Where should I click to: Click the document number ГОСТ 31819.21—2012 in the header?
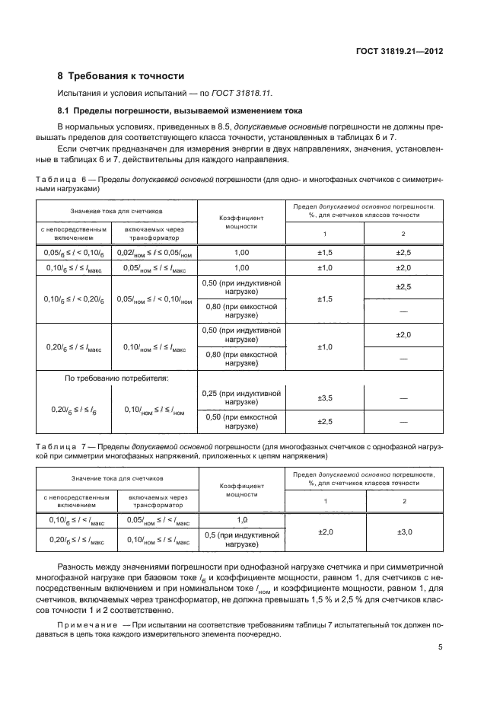click(x=400, y=53)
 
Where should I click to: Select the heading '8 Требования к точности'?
click(x=121, y=76)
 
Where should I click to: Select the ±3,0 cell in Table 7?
click(x=403, y=532)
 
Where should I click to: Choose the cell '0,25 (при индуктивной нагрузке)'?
click(x=243, y=398)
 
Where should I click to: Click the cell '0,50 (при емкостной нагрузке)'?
click(x=243, y=421)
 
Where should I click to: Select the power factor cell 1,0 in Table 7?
click(x=243, y=519)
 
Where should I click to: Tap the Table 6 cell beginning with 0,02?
click(x=154, y=252)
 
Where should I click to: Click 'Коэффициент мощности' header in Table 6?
click(x=243, y=221)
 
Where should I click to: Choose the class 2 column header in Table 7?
click(x=403, y=500)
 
